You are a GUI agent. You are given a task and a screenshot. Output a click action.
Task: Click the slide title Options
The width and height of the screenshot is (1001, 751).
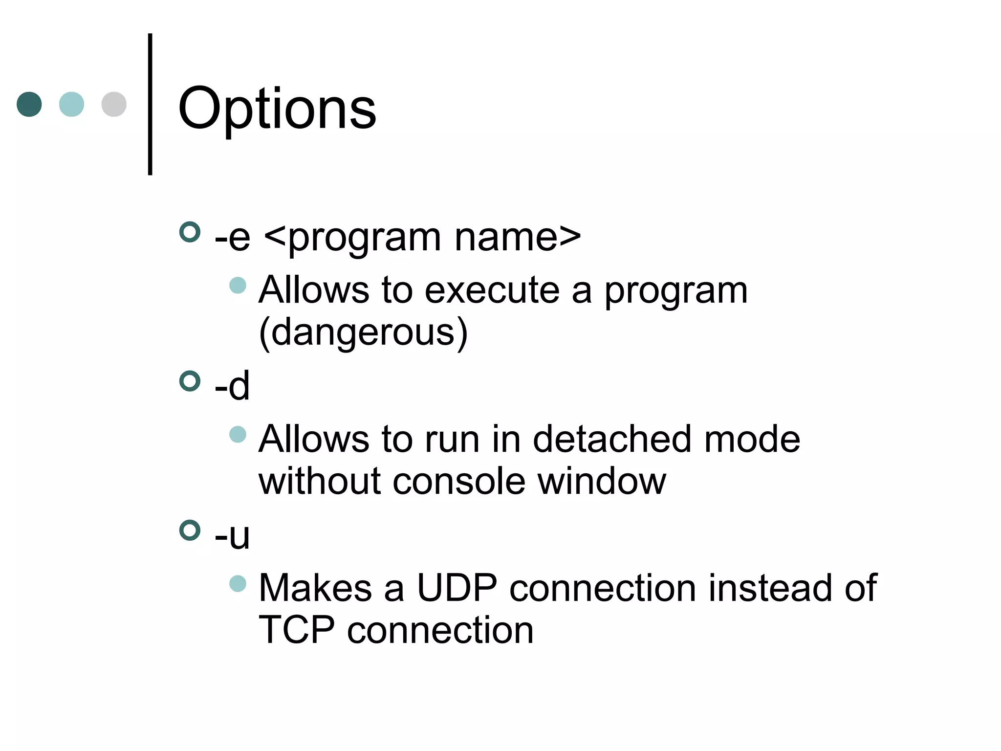click(277, 109)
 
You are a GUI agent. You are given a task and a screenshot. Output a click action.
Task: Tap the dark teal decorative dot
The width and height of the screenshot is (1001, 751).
click(29, 104)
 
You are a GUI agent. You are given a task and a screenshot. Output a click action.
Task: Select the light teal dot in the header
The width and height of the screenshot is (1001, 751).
click(71, 104)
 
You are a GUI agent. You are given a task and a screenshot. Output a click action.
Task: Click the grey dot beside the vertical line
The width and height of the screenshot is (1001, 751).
click(114, 104)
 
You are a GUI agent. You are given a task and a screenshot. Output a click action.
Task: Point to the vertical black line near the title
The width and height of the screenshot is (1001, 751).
click(150, 104)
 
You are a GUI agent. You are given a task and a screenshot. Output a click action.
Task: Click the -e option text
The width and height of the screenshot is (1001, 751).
click(233, 238)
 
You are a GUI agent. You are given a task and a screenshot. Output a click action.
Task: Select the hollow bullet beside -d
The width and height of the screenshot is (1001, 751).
click(190, 381)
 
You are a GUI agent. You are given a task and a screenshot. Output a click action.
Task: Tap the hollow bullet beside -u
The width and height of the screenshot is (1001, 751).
click(190, 530)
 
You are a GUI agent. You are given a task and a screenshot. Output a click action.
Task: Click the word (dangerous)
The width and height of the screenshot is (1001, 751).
click(363, 332)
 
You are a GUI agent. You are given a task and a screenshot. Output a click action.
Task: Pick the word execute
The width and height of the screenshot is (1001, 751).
click(492, 290)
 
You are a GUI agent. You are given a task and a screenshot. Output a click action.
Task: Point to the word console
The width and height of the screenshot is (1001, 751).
click(459, 482)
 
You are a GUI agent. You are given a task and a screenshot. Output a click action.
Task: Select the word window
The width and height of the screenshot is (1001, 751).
click(602, 482)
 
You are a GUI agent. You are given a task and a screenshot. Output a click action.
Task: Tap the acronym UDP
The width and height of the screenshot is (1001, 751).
click(457, 588)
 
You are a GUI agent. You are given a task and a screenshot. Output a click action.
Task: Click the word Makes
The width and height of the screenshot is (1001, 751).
click(315, 588)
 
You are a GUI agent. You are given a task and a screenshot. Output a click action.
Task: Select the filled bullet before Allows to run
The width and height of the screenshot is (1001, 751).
click(238, 434)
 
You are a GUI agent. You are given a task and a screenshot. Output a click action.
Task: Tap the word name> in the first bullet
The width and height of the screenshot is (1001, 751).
click(518, 238)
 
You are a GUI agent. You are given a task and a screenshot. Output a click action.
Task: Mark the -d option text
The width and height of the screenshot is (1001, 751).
click(233, 386)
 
